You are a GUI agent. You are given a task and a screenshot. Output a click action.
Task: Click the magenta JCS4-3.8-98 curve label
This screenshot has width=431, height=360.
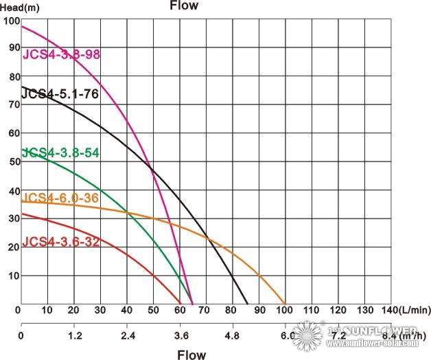[62, 54]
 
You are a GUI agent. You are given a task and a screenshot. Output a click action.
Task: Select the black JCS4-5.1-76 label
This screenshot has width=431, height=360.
[60, 93]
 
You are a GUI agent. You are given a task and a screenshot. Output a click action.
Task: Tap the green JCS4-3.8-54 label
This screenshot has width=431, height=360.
[62, 153]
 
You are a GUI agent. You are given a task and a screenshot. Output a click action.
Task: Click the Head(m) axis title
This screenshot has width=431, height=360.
[21, 8]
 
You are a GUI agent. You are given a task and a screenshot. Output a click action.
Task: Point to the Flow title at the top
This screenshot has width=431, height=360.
[184, 6]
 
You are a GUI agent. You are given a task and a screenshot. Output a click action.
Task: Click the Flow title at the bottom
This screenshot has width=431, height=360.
[191, 355]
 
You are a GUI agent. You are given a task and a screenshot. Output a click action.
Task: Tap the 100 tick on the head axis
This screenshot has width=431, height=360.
[11, 21]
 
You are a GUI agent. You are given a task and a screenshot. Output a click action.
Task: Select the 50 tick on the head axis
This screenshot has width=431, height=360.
[13, 161]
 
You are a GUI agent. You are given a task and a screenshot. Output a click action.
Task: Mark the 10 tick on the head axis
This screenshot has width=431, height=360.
[13, 275]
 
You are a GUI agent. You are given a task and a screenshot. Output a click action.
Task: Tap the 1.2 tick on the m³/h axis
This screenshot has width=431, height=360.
[74, 336]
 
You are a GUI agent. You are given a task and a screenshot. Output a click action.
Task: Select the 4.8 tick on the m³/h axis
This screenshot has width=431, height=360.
[232, 336]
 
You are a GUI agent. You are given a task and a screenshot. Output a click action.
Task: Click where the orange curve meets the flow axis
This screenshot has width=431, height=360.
[285, 304]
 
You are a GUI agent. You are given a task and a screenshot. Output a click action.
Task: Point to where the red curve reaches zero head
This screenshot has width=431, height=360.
[182, 304]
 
